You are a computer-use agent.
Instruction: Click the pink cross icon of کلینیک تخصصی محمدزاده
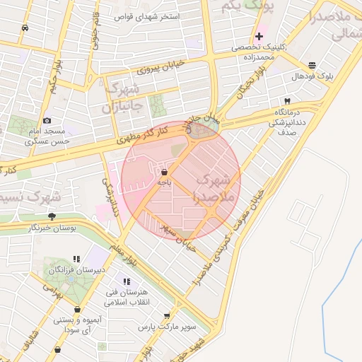coord(259,36)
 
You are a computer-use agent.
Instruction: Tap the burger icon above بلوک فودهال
coord(312,64)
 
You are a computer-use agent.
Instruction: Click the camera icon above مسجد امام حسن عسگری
coord(47,121)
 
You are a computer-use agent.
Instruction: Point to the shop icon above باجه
coord(164,172)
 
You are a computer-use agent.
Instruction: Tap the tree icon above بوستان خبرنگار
coord(52,216)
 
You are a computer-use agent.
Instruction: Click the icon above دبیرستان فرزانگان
coord(76,259)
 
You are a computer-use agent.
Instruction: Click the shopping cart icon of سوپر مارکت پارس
coord(167,317)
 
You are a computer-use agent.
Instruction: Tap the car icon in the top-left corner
coord(25,28)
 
